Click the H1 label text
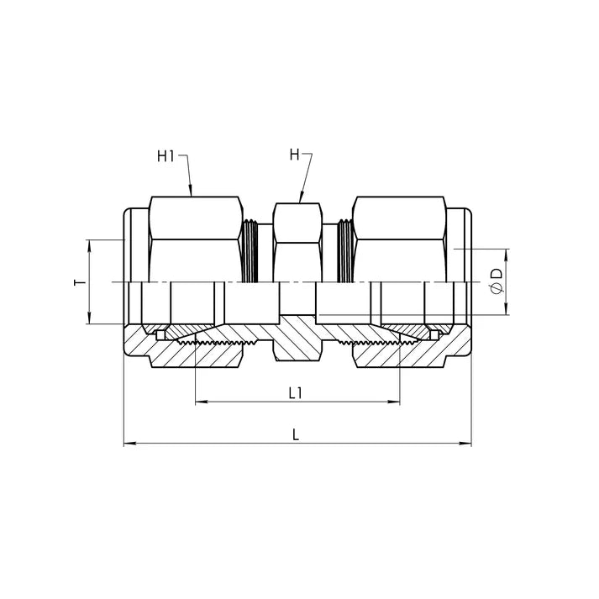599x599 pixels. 165,155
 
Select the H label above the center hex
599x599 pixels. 294,155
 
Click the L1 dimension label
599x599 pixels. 295,392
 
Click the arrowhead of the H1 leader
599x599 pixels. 192,192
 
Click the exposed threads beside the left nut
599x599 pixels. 252,250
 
